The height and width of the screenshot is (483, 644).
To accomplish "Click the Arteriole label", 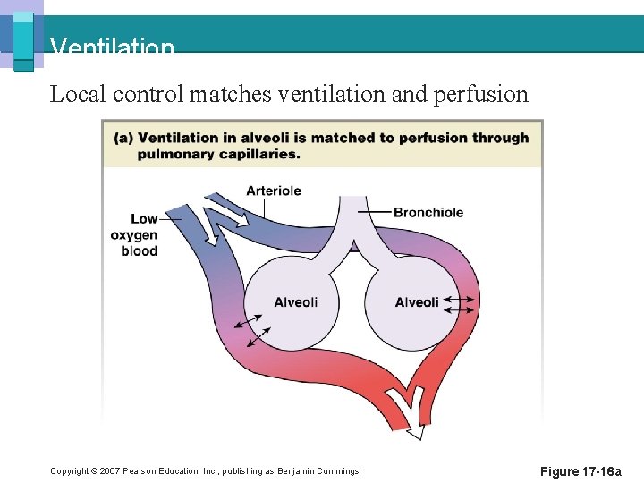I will [x=274, y=191].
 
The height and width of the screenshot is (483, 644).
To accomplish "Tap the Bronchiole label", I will [x=428, y=212].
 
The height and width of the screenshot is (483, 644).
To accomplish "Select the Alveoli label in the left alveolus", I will [x=295, y=302].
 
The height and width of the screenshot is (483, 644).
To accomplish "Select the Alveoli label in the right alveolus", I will [x=417, y=302].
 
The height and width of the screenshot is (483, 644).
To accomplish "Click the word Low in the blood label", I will [x=144, y=219].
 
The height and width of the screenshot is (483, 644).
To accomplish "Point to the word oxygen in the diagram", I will [x=134, y=235].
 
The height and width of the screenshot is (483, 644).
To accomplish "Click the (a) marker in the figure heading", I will [x=124, y=138].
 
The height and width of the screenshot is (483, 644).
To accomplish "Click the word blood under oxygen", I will [x=140, y=251].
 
